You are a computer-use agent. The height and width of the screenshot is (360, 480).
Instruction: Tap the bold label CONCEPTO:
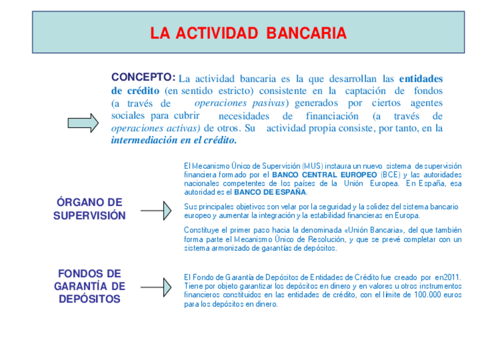(x=143, y=77)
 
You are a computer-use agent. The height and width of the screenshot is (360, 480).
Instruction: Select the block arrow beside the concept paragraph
(x=83, y=123)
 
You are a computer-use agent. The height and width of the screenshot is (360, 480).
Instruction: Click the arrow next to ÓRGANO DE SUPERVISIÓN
(x=156, y=211)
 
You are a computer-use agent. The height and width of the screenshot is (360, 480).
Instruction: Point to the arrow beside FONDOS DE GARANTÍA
(x=156, y=287)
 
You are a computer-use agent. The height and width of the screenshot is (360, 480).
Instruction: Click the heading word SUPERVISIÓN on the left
(x=89, y=216)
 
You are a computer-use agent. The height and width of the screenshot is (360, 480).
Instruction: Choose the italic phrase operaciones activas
(x=156, y=128)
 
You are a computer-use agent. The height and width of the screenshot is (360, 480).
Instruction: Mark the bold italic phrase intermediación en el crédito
(x=174, y=140)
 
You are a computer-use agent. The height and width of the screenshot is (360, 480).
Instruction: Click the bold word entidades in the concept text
(x=421, y=78)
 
